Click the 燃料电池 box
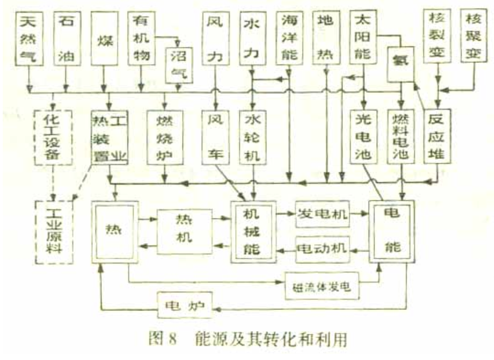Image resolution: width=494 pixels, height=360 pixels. pos(402,136)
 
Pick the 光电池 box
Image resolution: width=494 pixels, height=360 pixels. pos(363,136)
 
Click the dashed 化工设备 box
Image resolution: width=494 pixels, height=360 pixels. pos(53,136)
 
